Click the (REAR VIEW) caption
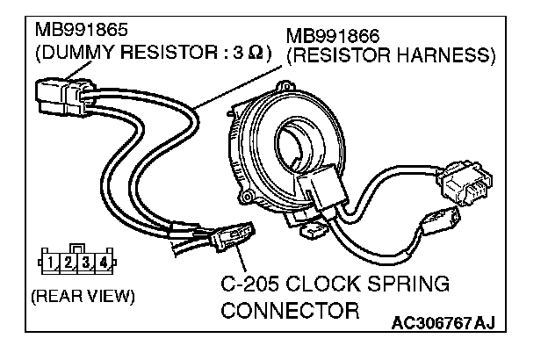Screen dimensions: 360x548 (x=83, y=295)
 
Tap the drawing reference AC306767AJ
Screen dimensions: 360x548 (x=444, y=325)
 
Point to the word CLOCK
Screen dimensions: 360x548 (x=328, y=286)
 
